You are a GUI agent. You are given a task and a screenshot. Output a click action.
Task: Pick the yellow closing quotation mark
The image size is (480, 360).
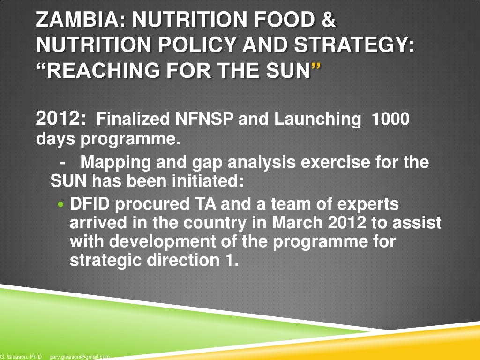316,69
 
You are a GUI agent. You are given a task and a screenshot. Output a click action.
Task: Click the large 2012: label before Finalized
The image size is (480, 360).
61,119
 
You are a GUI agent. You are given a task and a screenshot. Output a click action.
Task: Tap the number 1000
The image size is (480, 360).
390,120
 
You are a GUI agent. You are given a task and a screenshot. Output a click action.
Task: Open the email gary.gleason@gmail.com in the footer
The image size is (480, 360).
79,357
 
